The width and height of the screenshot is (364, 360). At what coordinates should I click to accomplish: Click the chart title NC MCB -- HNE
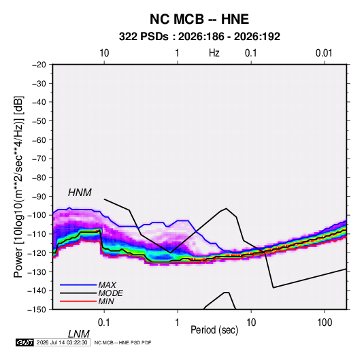coord(199,19)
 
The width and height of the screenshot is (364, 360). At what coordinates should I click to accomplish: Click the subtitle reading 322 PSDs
coord(144,37)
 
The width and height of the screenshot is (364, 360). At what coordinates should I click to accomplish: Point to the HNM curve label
coord(80,193)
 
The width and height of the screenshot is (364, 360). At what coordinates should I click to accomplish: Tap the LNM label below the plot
coord(78,334)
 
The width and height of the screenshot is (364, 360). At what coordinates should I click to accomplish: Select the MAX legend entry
coord(107,284)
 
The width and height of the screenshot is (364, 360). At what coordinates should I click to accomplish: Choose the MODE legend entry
coord(110,293)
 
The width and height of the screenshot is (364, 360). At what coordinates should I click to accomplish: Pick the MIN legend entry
coord(106,301)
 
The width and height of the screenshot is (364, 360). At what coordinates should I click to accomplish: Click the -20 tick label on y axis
coord(39,65)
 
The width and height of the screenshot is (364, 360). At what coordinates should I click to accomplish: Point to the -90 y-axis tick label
coord(39,197)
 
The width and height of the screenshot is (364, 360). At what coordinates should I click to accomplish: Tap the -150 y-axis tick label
coord(37,310)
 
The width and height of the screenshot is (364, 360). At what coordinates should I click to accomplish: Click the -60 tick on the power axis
coord(39,140)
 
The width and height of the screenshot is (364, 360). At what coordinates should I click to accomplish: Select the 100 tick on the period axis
coord(325,323)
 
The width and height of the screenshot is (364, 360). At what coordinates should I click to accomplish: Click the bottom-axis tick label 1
coord(178,323)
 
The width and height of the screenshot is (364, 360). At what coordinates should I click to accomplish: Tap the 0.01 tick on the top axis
coord(324,53)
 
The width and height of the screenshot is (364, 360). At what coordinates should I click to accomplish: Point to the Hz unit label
coord(214,53)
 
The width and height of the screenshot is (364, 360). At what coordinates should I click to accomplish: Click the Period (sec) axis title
coord(214,330)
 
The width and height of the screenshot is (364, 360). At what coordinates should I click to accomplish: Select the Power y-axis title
coord(18,187)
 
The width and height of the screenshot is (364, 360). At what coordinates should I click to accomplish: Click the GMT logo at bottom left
coord(24,342)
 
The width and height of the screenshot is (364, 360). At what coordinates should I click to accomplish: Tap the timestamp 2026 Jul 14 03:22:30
coord(62,342)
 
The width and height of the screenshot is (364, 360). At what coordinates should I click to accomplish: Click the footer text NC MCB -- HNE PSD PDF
coord(122,342)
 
